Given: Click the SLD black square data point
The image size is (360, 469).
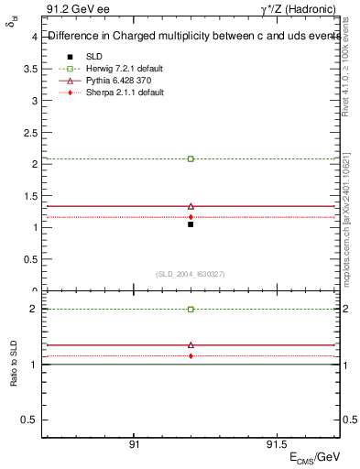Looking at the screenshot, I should click(x=191, y=224).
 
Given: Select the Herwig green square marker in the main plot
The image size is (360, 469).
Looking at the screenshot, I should click(x=191, y=158).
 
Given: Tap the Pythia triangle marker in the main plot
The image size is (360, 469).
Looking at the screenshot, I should click(x=191, y=206).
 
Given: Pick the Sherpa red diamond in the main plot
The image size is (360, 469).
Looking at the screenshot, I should click(x=191, y=217).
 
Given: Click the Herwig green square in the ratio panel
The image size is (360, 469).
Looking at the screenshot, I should click(x=191, y=309).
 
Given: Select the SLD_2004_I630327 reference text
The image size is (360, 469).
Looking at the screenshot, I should click(x=191, y=274).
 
